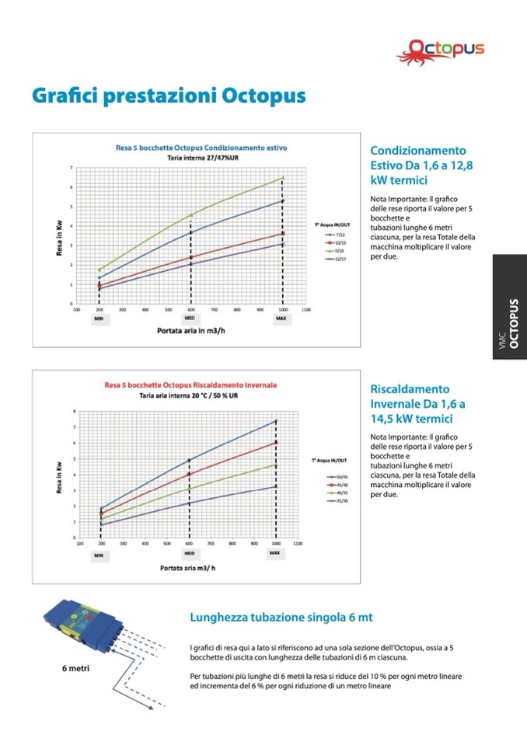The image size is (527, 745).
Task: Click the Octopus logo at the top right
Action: pos(445,49)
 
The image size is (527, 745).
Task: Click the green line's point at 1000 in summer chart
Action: pos(283,178)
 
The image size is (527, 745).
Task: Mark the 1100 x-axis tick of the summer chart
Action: pos(305,309)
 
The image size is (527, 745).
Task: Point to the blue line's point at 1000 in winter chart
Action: pos(275,421)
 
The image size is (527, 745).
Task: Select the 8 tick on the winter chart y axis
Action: pos(75,410)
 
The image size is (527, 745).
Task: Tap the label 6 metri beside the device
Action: pos(76,668)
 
